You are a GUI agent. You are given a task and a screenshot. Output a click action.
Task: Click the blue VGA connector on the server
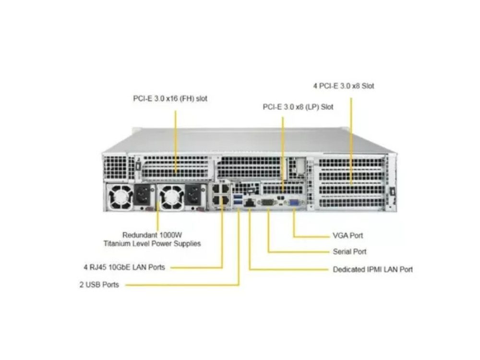(294, 203)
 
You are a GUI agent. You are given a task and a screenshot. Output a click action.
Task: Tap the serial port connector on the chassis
(267, 203)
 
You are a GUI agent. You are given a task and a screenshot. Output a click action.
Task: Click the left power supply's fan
(120, 197)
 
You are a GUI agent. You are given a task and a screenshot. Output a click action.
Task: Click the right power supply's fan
(172, 197)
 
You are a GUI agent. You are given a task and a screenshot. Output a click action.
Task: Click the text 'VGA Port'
(348, 236)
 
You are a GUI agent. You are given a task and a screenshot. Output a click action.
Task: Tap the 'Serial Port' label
(349, 252)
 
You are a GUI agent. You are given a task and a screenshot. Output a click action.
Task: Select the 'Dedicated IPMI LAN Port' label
(373, 269)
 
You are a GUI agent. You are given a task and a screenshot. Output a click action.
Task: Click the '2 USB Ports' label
(99, 285)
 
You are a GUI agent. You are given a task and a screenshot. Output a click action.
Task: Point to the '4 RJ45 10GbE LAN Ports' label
(124, 267)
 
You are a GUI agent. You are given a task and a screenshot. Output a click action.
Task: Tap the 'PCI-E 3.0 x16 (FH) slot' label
(170, 98)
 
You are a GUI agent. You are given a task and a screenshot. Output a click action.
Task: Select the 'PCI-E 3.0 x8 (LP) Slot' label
(298, 107)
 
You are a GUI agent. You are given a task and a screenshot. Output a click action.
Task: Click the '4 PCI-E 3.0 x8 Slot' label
(344, 86)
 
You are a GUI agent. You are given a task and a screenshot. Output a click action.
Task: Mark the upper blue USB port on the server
(238, 196)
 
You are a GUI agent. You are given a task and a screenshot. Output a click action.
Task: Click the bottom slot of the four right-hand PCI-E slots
(351, 203)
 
